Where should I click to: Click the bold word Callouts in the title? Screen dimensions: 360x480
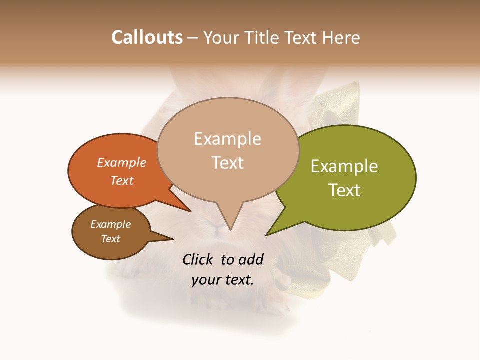(147, 37)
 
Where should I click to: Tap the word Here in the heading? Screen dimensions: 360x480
(342, 37)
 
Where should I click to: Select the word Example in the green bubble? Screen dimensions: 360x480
(344, 166)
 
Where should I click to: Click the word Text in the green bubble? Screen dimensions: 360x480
(344, 190)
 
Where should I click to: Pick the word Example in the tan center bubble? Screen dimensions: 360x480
(227, 139)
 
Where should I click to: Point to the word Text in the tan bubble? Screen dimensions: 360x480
(228, 163)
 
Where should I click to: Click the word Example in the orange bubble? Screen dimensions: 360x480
(122, 162)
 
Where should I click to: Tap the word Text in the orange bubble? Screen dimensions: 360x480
(122, 180)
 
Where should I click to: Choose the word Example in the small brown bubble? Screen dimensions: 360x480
(111, 224)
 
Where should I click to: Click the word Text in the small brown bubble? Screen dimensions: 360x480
(111, 239)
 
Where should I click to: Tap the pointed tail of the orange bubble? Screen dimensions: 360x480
(190, 211)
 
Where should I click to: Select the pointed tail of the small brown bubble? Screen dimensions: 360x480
(172, 239)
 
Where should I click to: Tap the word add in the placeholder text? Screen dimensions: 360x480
(251, 259)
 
